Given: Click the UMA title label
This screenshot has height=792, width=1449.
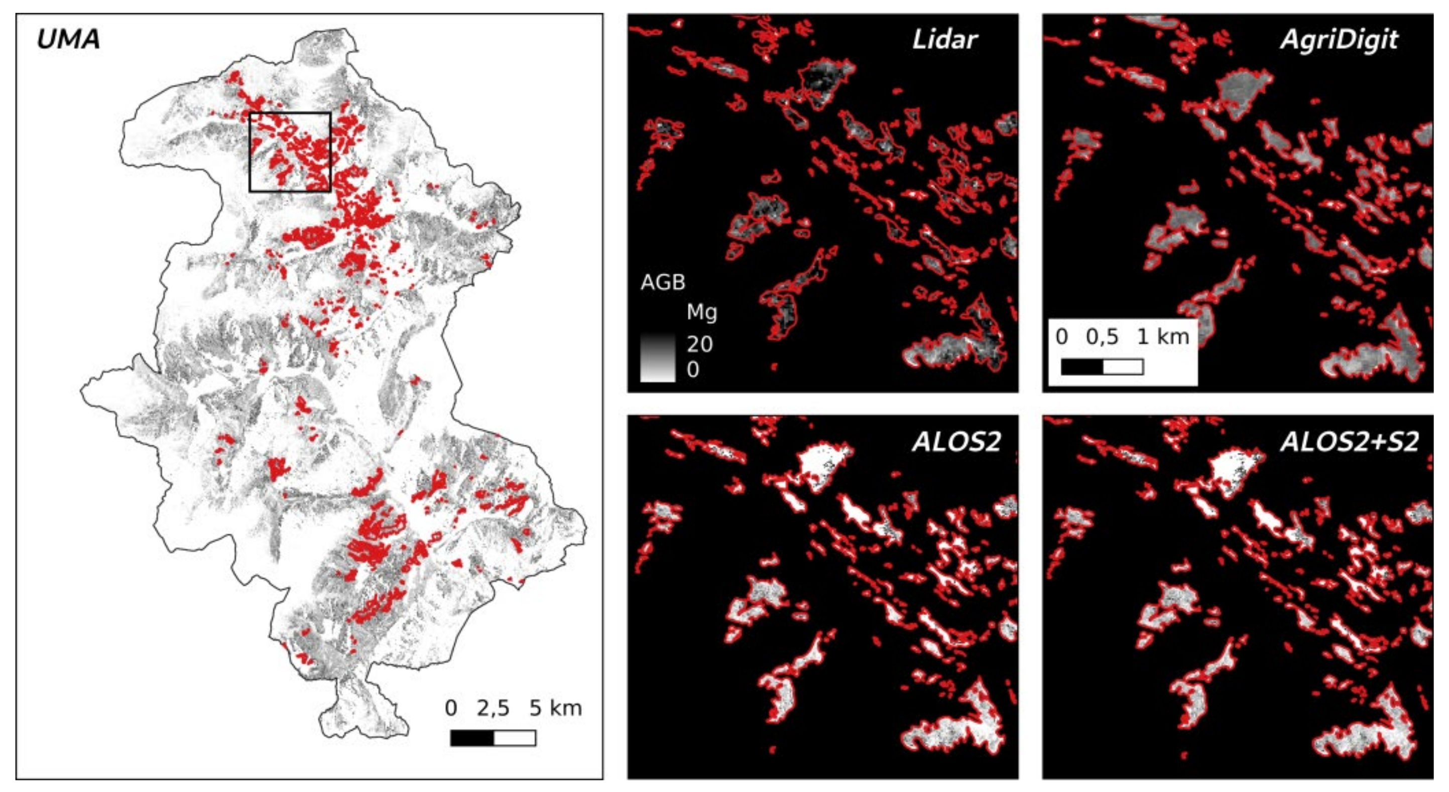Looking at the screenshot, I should point(68,39).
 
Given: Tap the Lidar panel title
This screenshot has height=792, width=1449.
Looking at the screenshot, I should point(945,39).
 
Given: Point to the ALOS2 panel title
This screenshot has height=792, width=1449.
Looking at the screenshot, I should point(957,442).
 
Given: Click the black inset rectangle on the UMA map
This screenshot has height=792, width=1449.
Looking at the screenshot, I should point(290,113).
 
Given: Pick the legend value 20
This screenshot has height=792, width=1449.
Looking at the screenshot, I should point(699,344).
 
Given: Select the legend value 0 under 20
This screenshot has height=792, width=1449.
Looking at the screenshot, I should point(692,369).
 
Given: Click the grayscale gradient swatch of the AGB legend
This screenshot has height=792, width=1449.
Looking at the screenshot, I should point(658,357).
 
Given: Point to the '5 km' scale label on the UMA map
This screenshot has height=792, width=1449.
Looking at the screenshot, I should point(555,708).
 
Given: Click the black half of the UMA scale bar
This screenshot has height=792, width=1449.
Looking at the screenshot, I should point(472,737).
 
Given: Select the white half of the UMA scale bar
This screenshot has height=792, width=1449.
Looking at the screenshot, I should point(515,737).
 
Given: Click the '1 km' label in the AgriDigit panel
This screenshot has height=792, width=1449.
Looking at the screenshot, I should point(1163,337).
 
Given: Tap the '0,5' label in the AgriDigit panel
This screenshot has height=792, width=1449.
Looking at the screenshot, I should point(1102,337).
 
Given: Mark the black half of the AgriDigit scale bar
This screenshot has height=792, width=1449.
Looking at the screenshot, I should point(1081,367).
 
